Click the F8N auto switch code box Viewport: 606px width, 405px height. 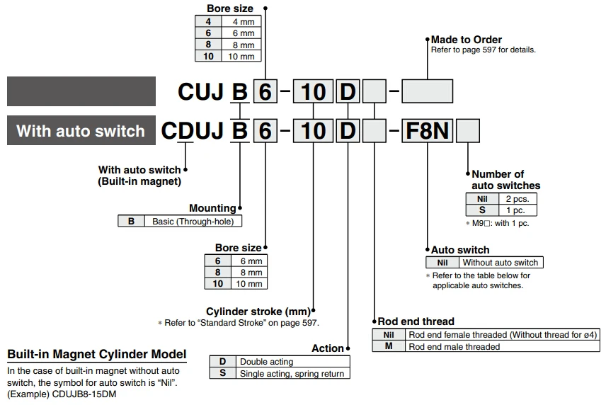pyautogui.click(x=427, y=130)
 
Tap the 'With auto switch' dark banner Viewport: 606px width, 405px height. pyautogui.click(x=81, y=130)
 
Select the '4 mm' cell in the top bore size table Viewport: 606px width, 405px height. pyautogui.click(x=241, y=21)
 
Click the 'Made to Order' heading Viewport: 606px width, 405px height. pyautogui.click(x=466, y=40)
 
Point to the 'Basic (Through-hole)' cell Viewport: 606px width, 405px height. pyautogui.click(x=193, y=221)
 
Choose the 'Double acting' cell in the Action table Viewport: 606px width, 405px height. pyautogui.click(x=292, y=361)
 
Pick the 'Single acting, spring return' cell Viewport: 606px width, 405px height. pyautogui.click(x=292, y=373)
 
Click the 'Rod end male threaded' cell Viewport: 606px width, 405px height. pyautogui.click(x=502, y=346)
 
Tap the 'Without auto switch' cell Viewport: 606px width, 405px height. pyautogui.click(x=501, y=263)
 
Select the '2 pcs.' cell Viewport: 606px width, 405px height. pyautogui.click(x=517, y=199)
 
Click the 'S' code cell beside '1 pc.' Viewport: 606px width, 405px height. pyautogui.click(x=482, y=210)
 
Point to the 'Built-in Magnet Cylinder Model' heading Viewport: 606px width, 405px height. pyautogui.click(x=96, y=354)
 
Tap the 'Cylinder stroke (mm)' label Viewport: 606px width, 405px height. pyautogui.click(x=258, y=312)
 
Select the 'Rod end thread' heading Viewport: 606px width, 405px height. pyautogui.click(x=416, y=321)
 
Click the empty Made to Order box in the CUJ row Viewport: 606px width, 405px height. pyautogui.click(x=427, y=91)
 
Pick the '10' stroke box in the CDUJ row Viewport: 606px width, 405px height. pyautogui.click(x=313, y=130)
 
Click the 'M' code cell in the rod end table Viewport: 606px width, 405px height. pyautogui.click(x=389, y=346)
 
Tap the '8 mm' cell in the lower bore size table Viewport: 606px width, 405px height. pyautogui.click(x=249, y=272)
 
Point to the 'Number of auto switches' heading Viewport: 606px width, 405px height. pyautogui.click(x=506, y=180)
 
